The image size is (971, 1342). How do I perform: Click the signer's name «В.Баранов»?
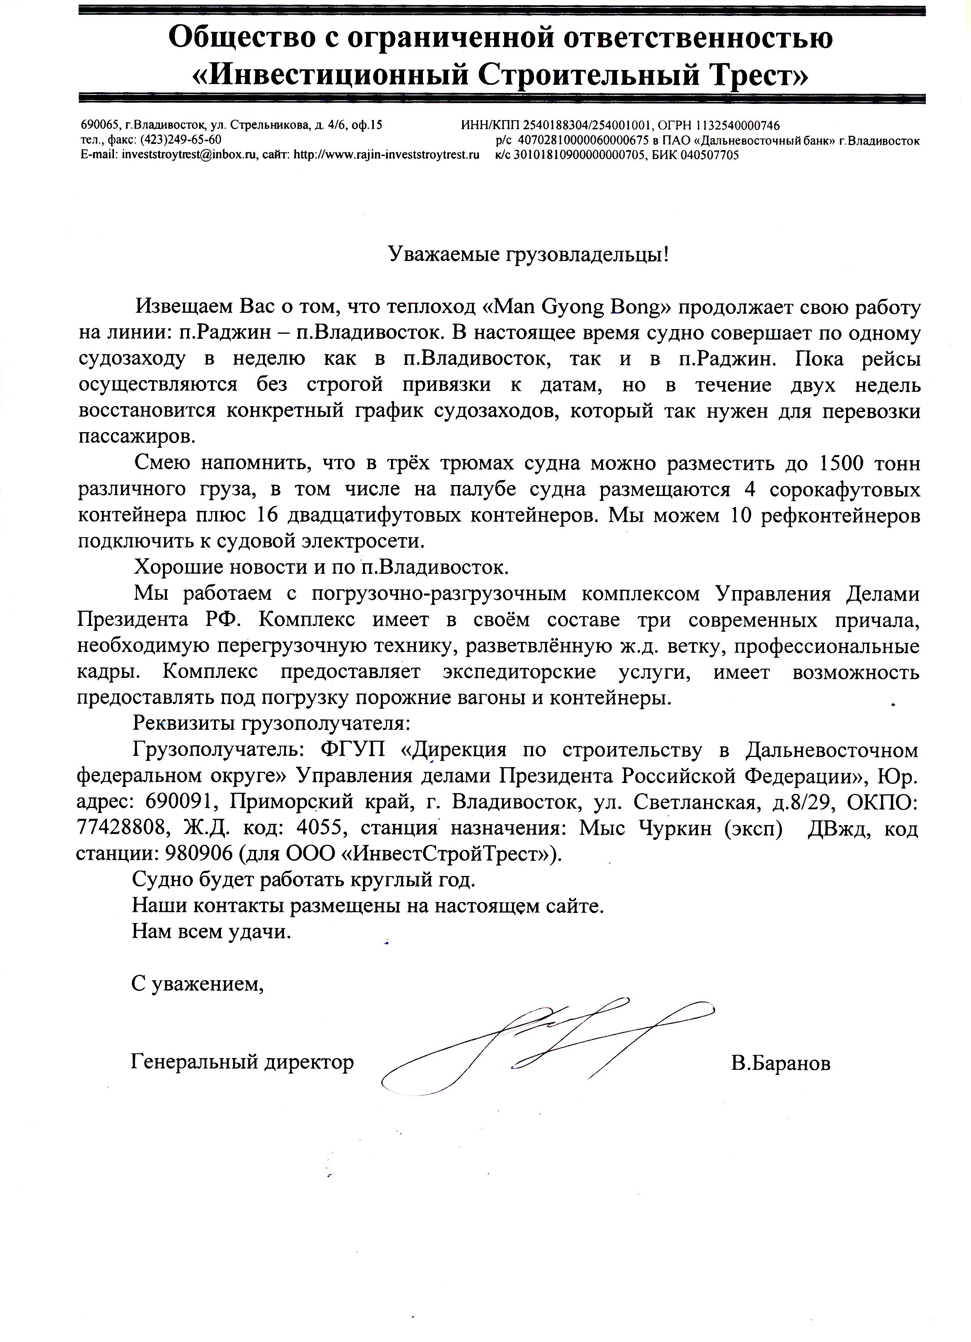point(780,1063)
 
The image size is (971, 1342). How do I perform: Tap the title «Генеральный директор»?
point(242,1062)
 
